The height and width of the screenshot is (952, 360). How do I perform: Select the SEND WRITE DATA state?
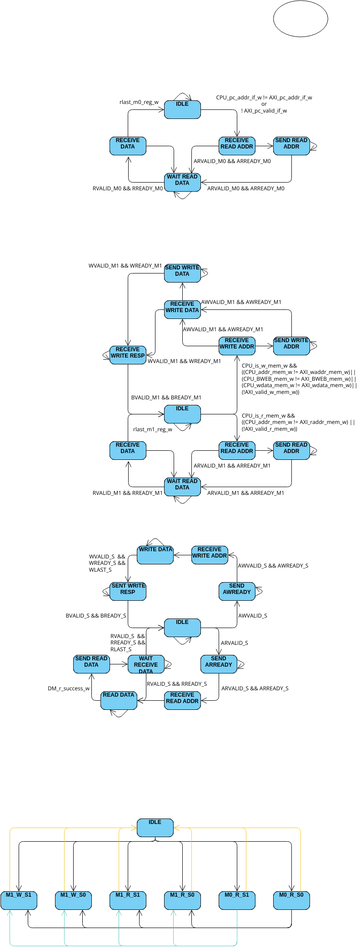point(181,273)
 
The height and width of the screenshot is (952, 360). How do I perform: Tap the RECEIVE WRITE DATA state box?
point(182,309)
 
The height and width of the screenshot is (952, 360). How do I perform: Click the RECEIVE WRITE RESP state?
point(127,354)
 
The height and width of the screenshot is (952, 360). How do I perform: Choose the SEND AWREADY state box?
point(236,591)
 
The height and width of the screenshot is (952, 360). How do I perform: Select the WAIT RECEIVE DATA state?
point(145,664)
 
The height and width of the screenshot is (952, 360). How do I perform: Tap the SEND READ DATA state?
point(91,662)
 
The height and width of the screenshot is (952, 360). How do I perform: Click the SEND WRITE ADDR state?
point(291,345)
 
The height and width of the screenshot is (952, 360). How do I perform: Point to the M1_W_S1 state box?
point(19,896)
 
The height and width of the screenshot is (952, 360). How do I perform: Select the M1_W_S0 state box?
point(73,896)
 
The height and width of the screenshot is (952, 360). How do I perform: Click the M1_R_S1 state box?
point(127,896)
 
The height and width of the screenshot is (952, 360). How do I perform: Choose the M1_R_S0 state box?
point(181,896)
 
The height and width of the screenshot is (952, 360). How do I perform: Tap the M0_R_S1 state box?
point(236,896)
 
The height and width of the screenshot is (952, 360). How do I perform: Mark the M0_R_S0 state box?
point(290,896)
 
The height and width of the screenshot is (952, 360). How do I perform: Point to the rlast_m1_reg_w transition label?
point(152,430)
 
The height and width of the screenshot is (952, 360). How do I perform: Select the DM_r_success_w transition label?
point(69,689)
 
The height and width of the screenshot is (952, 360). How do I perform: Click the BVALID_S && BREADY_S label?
point(96,616)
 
